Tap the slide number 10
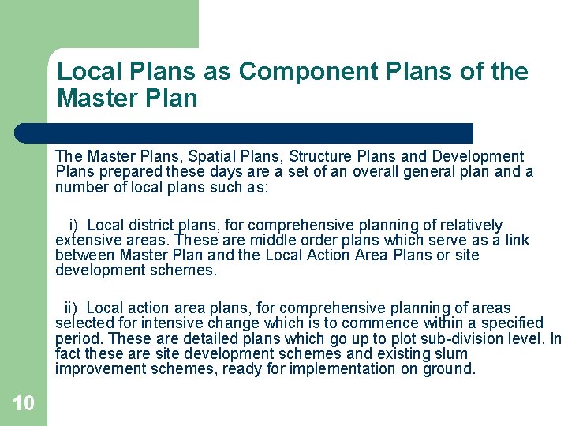point(24,403)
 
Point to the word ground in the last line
point(450,369)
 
